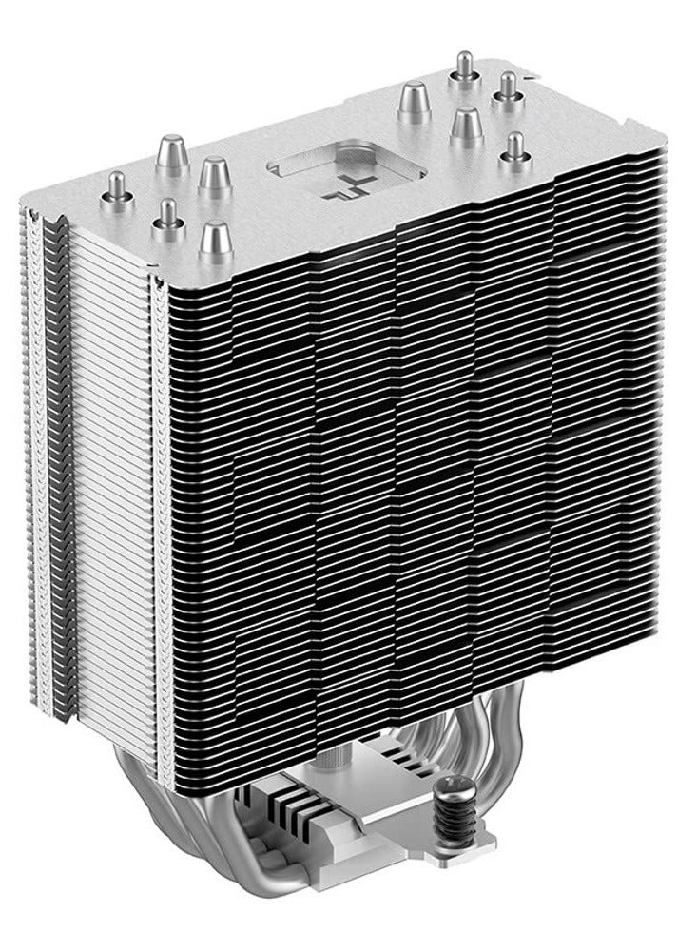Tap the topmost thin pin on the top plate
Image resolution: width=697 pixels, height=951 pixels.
465,65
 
